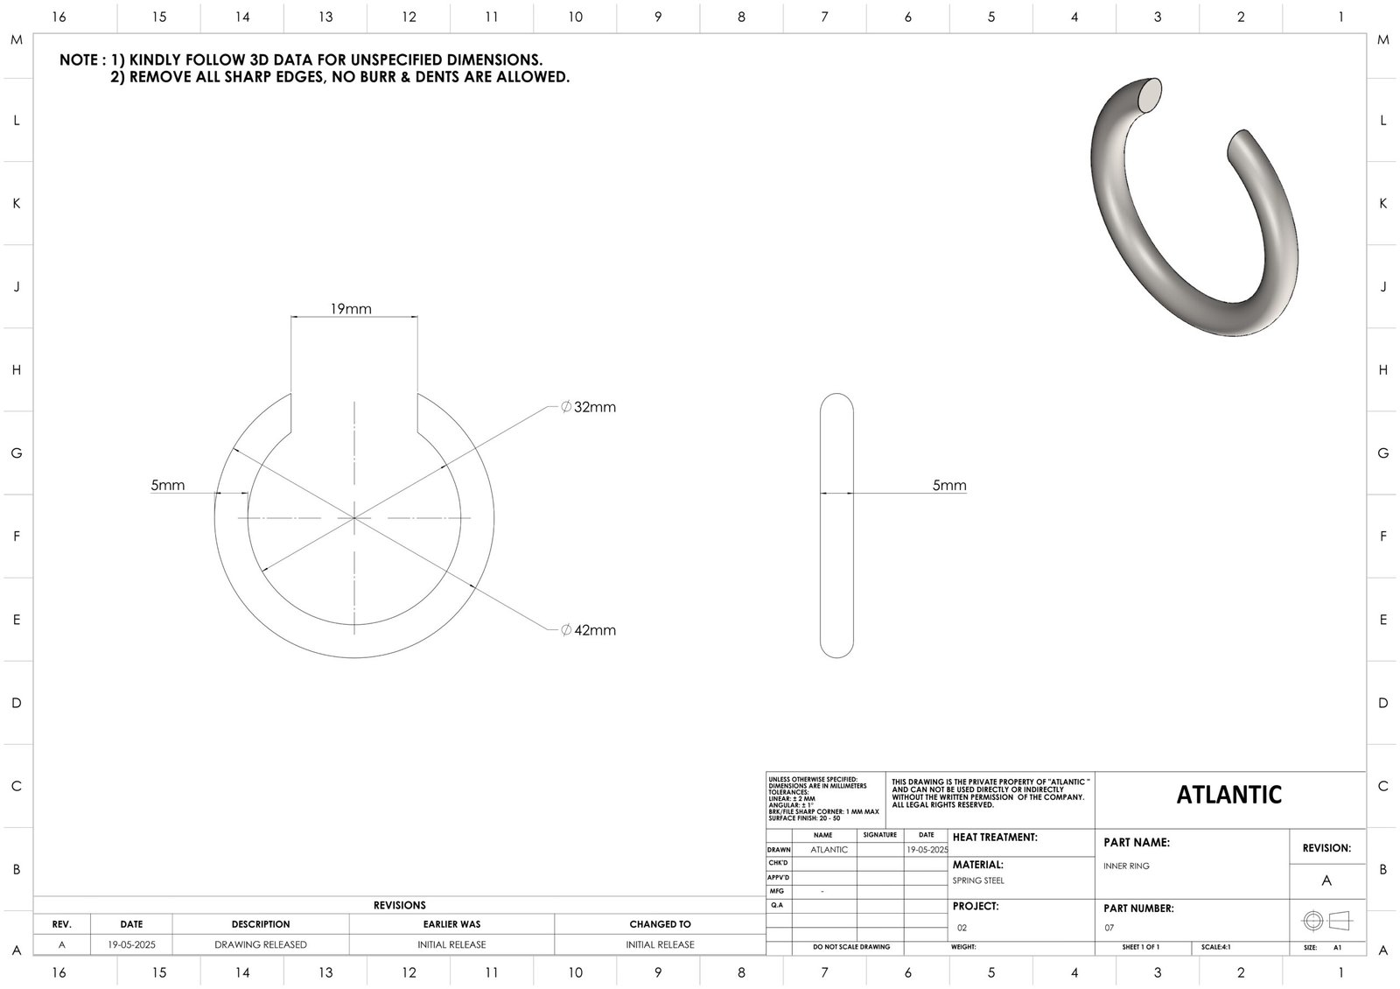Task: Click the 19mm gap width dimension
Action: click(350, 308)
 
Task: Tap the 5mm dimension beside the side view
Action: click(948, 485)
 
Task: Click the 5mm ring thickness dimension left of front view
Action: click(167, 485)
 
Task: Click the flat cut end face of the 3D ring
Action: click(1151, 94)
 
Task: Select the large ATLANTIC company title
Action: click(1228, 795)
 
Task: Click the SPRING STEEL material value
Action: click(978, 880)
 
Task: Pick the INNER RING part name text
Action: click(1126, 866)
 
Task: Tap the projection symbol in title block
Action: click(1326, 921)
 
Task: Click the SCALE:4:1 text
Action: click(1216, 947)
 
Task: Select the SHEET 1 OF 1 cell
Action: click(1140, 947)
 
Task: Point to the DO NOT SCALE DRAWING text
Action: click(850, 947)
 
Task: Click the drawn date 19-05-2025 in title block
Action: click(927, 850)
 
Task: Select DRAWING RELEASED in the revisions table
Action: click(261, 944)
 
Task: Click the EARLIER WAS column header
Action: click(451, 923)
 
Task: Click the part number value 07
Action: click(1109, 928)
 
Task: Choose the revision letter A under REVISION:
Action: click(1326, 880)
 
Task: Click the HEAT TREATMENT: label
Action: click(995, 838)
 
